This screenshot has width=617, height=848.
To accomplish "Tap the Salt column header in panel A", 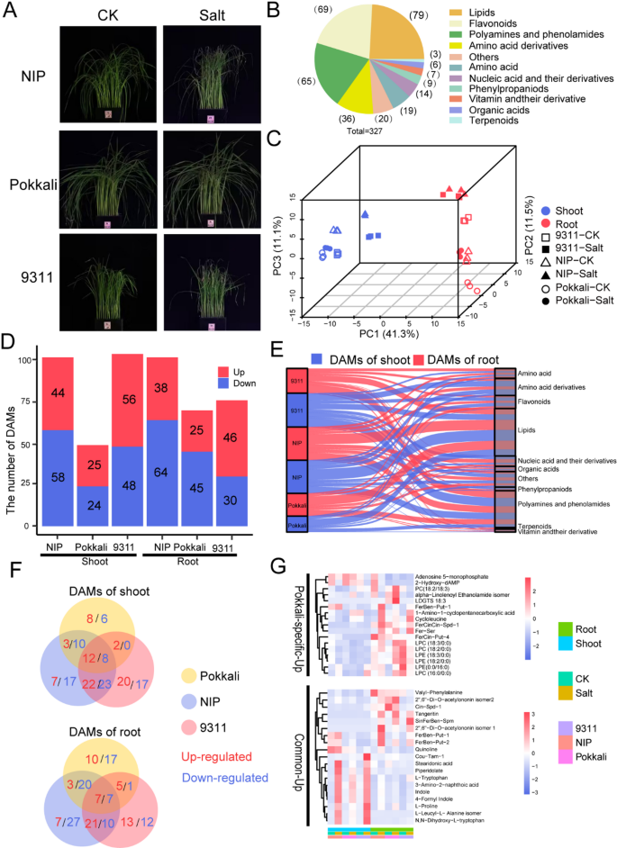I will [x=207, y=14].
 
